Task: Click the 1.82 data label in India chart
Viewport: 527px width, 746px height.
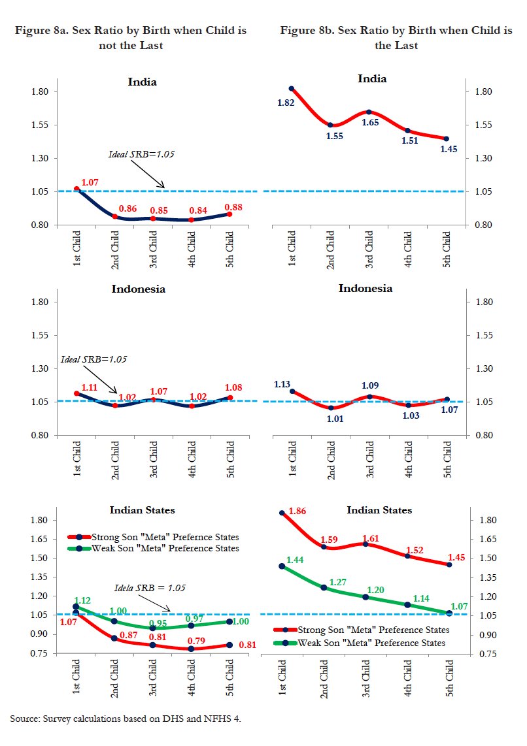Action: [x=286, y=103]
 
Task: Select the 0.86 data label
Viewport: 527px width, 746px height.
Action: [x=127, y=208]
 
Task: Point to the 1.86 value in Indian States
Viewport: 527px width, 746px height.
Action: [x=297, y=510]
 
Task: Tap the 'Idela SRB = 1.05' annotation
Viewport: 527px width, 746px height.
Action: [x=150, y=588]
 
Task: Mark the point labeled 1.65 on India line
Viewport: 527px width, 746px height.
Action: [x=369, y=112]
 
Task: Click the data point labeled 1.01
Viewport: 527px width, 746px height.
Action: [x=331, y=408]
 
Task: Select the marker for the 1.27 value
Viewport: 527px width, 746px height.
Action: [x=324, y=588]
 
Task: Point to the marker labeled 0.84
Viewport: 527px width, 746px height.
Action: [x=191, y=220]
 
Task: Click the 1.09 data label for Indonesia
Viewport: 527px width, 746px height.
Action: [x=369, y=385]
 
